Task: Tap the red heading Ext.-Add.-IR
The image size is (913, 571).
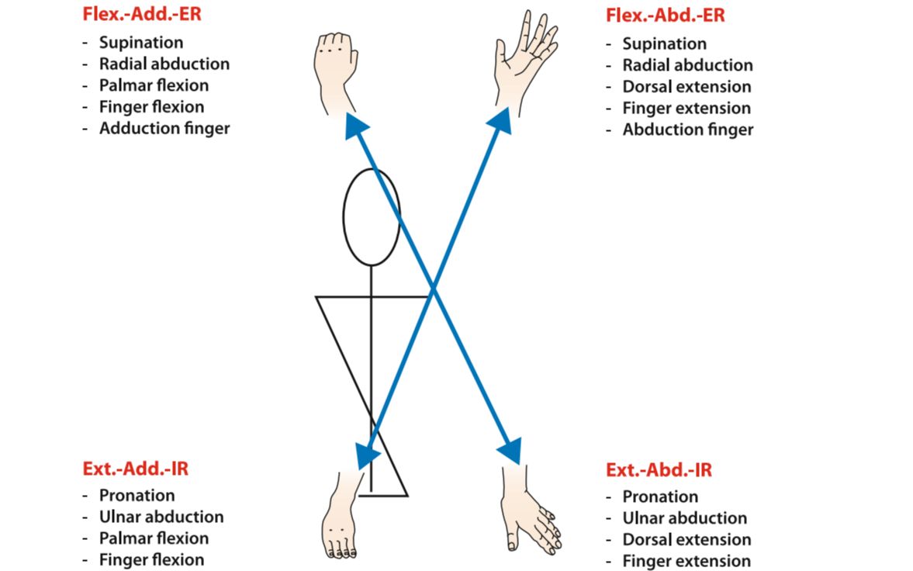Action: (x=135, y=469)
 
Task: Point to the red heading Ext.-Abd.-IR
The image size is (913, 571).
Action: (x=659, y=470)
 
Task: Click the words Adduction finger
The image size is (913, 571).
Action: (x=164, y=129)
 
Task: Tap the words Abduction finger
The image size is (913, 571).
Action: (x=687, y=130)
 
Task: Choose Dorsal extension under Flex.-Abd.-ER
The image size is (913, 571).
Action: (x=686, y=87)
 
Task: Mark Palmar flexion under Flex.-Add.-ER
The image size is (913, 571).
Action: (x=154, y=85)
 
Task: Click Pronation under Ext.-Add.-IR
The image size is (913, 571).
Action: (x=137, y=495)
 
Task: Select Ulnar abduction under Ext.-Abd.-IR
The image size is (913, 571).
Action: (x=685, y=518)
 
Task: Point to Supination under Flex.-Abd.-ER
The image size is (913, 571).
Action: (x=664, y=44)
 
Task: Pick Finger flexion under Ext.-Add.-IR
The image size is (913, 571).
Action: (x=151, y=559)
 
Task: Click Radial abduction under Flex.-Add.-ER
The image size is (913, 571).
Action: (x=164, y=64)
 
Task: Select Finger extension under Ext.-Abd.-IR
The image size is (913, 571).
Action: (x=686, y=561)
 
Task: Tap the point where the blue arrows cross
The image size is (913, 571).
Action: (x=434, y=289)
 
